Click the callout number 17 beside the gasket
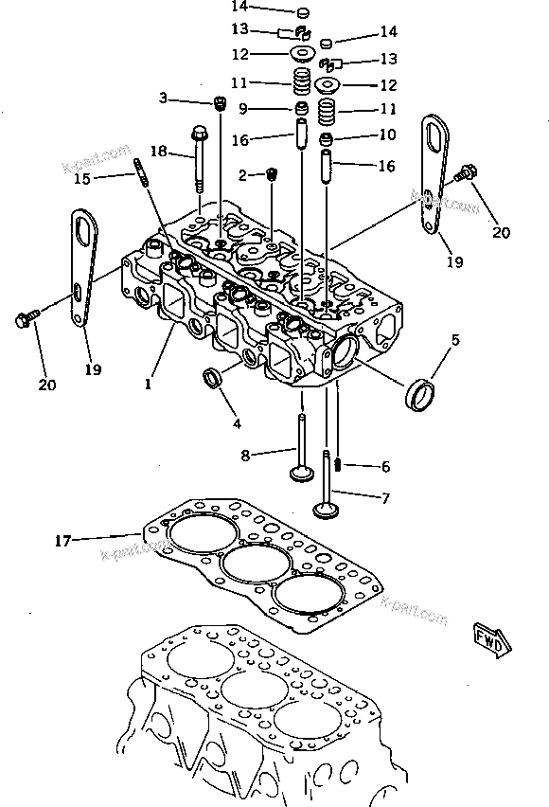62,541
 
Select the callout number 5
454,338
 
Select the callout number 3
162,98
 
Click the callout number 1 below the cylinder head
148,385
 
